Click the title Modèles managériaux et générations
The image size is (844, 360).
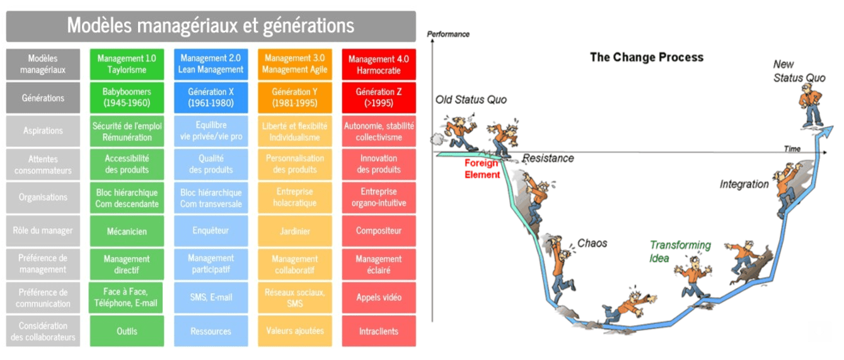[x=211, y=26]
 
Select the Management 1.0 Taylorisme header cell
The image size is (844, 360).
[x=127, y=64]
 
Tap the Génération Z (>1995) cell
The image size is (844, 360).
[x=378, y=97]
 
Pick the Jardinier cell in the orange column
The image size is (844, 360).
[x=294, y=231]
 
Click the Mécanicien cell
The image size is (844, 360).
[x=127, y=231]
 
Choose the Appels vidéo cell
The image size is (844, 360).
[x=378, y=298]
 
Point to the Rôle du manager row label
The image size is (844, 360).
[x=43, y=231]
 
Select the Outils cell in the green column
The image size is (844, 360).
[x=127, y=331]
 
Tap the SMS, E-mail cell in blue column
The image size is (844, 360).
[x=211, y=298]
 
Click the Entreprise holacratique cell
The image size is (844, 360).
[x=294, y=197]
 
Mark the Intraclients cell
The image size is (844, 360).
[x=378, y=331]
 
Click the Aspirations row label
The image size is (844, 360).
[x=43, y=131]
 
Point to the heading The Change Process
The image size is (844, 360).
[x=646, y=57]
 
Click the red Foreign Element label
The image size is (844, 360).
[x=482, y=169]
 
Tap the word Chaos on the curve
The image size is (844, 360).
[x=592, y=243]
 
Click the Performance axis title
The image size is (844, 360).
[x=448, y=34]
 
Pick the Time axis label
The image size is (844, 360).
[x=792, y=149]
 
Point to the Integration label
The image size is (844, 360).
[x=744, y=185]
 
